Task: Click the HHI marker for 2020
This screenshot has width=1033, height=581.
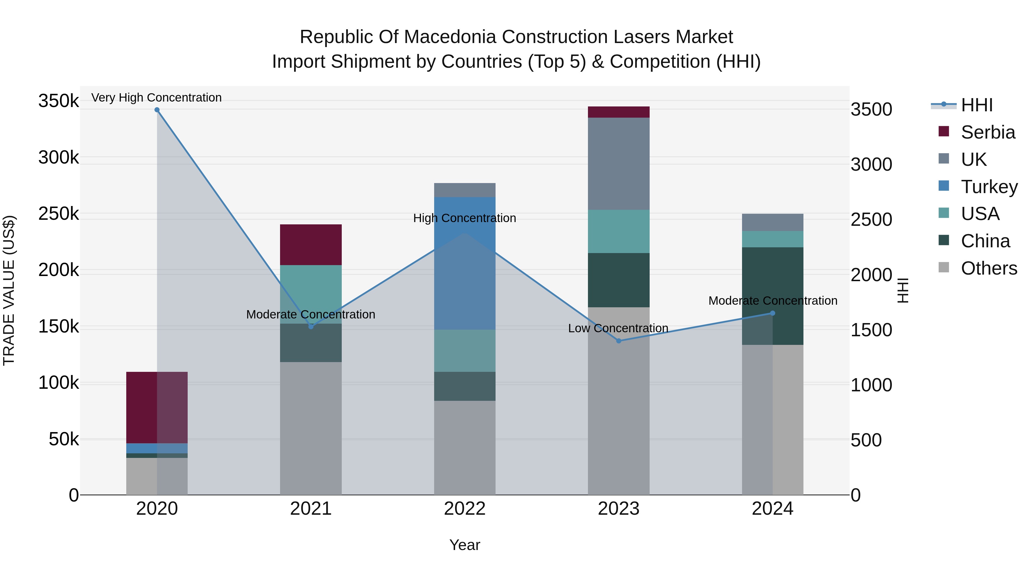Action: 157,110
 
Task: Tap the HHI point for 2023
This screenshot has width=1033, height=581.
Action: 618,341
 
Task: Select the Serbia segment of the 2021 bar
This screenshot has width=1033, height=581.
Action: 311,244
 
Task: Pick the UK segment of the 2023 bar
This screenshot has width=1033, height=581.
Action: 618,164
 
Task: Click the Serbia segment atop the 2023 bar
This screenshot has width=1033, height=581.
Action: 618,112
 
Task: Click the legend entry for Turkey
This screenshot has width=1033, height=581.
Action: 989,187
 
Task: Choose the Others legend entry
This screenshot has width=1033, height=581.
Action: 989,268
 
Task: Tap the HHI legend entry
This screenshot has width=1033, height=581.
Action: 976,105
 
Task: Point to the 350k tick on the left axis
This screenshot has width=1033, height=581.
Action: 59,101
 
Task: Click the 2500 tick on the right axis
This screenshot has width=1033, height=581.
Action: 871,220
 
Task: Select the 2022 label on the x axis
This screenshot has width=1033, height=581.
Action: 465,509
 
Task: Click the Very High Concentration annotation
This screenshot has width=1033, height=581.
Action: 156,98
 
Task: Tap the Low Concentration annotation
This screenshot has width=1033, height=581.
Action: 618,328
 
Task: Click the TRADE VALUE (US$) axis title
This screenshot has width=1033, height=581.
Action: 9,290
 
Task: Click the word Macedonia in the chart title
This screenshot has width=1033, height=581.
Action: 451,37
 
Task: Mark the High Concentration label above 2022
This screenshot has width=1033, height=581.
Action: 464,218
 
